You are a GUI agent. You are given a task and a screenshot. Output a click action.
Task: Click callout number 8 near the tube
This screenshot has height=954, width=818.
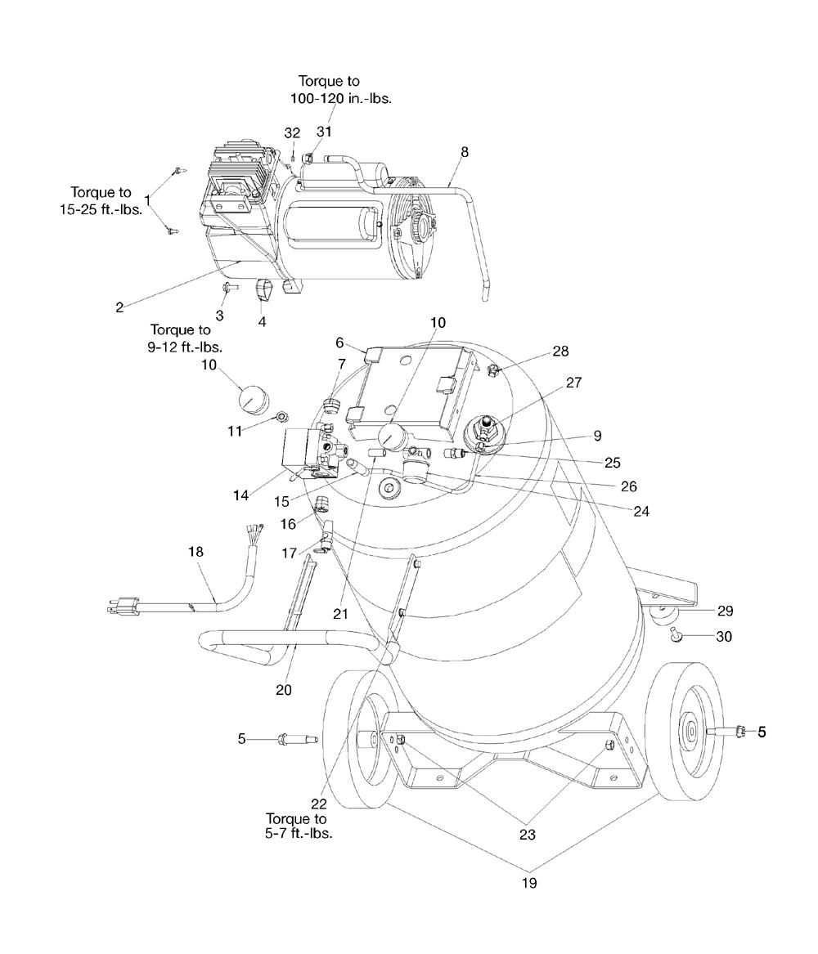pos(465,151)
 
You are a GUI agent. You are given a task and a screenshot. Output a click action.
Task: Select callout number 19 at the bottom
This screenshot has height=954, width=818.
pos(529,883)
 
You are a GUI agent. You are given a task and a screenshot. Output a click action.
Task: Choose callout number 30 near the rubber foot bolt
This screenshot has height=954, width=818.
pos(723,636)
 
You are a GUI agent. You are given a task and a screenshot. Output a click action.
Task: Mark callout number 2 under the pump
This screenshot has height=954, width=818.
pos(119,307)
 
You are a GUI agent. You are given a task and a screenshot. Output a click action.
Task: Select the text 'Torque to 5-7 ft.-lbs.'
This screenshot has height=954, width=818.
pos(296,826)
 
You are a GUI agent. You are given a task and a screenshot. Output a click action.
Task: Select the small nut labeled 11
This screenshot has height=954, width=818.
pos(281,417)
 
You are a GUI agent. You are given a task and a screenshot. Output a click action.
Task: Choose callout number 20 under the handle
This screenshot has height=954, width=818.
pos(283,690)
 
